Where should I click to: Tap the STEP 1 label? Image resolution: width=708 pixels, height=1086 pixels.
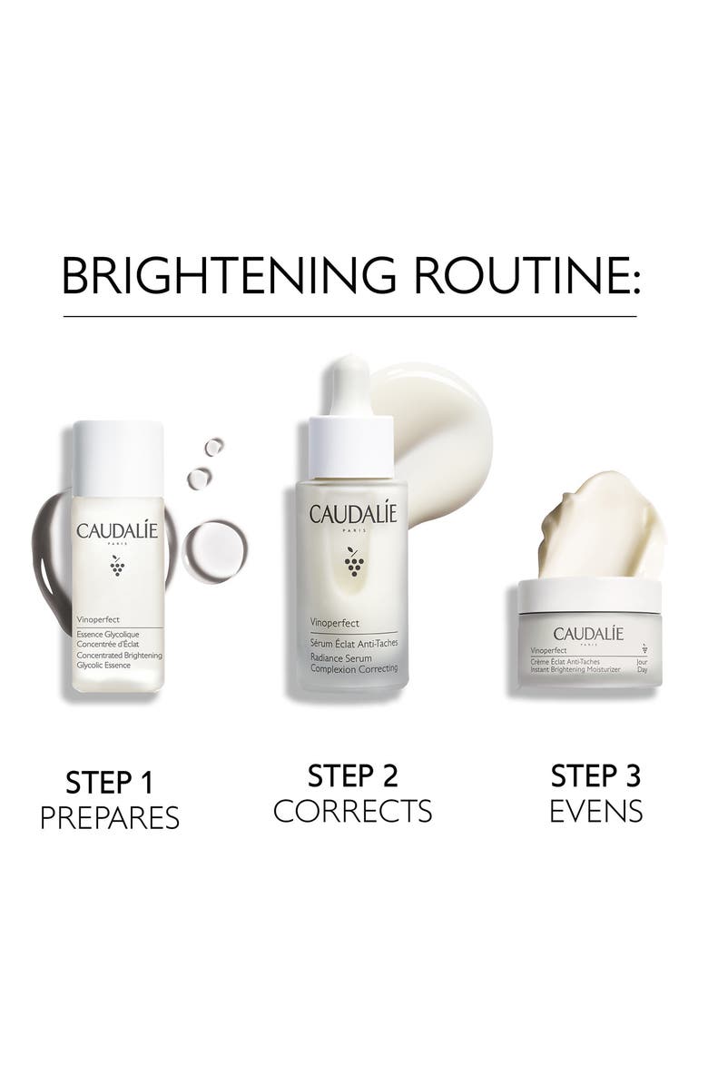click(109, 782)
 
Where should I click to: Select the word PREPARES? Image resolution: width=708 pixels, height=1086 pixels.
click(109, 817)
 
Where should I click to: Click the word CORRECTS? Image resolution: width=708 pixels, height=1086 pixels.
click(353, 810)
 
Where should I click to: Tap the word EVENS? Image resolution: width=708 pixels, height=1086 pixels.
click(596, 810)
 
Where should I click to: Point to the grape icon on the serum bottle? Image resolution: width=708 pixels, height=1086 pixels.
click(353, 564)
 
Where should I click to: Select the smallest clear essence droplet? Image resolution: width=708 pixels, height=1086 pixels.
click(213, 446)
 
